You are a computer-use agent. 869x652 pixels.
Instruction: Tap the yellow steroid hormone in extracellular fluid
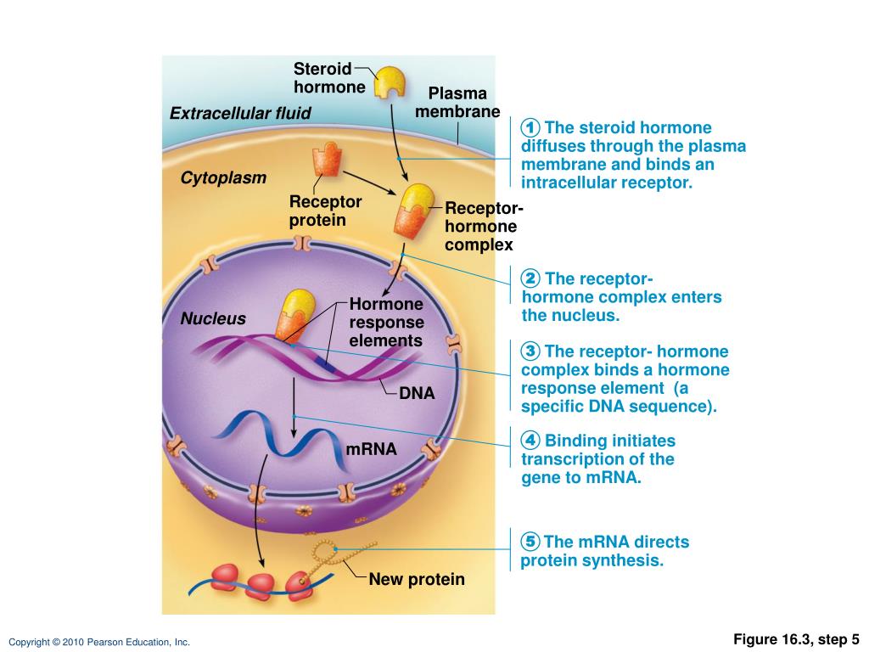390,82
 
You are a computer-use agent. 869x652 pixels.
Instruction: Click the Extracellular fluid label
240,113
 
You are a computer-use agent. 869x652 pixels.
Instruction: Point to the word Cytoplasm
223,177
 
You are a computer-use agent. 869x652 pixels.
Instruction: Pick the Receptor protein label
325,211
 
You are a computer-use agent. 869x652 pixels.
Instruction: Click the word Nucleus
212,318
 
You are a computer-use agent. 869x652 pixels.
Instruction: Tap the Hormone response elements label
386,323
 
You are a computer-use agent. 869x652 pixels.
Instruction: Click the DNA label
417,393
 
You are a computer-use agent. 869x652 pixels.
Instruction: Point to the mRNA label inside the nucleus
372,448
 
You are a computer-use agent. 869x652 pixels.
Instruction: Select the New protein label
417,580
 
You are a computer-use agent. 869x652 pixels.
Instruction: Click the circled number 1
531,128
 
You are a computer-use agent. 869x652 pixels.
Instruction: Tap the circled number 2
531,279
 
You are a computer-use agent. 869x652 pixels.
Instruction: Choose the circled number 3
531,351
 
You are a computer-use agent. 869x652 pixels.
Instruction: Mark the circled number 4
531,441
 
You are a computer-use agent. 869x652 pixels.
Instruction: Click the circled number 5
531,542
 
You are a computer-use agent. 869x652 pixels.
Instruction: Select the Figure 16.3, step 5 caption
797,639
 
